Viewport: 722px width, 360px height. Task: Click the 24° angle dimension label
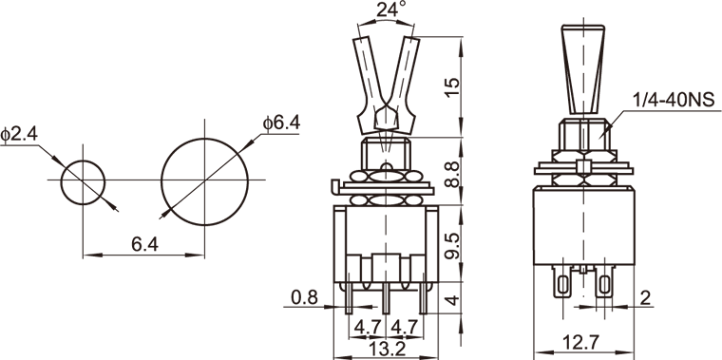(391, 9)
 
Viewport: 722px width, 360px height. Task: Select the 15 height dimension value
(452, 87)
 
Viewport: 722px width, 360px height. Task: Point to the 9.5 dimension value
(452, 246)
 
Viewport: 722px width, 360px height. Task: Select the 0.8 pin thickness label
(304, 298)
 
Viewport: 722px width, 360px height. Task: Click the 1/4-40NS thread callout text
(674, 100)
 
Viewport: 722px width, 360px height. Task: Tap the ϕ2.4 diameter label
(19, 135)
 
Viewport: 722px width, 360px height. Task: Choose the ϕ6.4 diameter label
(281, 123)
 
